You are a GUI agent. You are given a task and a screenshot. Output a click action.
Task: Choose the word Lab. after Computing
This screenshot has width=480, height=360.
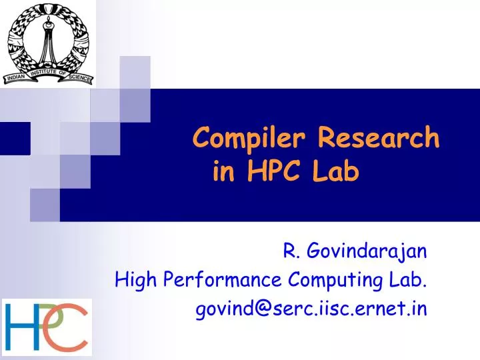tap(411, 279)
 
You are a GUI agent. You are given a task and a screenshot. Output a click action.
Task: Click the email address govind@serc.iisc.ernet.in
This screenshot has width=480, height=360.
tap(311, 309)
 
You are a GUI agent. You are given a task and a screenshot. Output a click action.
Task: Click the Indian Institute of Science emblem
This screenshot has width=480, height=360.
tap(48, 44)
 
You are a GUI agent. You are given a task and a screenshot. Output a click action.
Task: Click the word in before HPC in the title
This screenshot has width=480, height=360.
tap(223, 172)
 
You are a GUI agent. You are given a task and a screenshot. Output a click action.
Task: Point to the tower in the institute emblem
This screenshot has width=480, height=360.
tap(47, 37)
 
